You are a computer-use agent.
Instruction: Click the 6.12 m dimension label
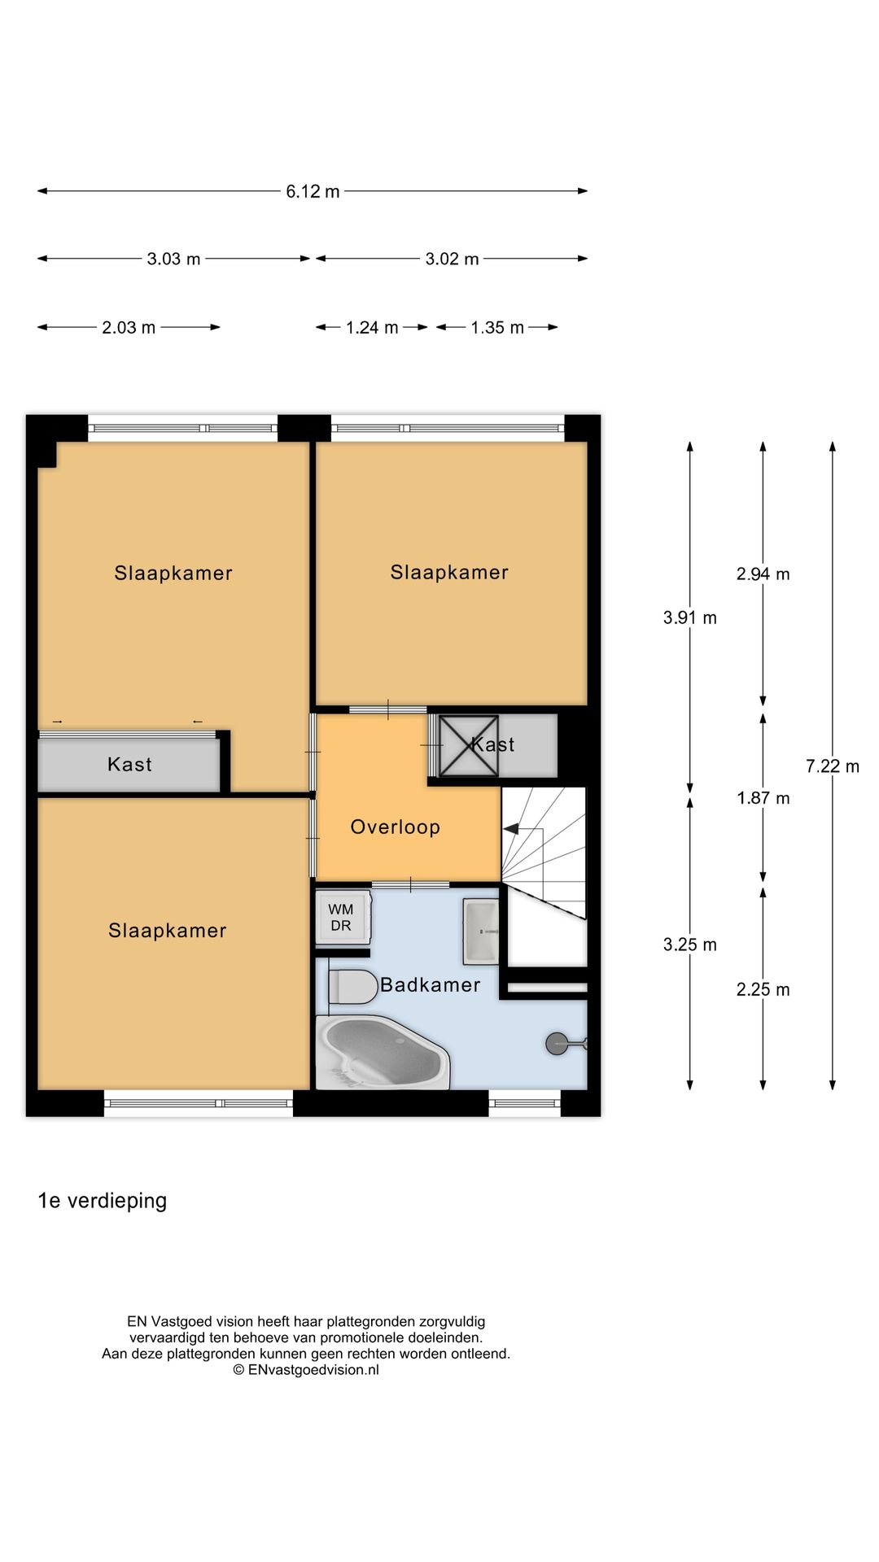pyautogui.click(x=313, y=192)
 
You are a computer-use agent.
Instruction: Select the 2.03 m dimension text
pyautogui.click(x=129, y=328)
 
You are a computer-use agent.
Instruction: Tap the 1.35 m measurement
pyautogui.click(x=496, y=328)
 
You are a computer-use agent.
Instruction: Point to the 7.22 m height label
pyautogui.click(x=832, y=766)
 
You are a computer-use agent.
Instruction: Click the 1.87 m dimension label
pyautogui.click(x=763, y=798)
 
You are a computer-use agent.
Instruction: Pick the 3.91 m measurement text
pyautogui.click(x=689, y=618)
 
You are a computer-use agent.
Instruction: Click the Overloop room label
pyautogui.click(x=395, y=827)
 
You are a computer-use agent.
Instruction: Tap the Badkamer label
pyautogui.click(x=430, y=985)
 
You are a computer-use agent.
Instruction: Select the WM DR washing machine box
pyautogui.click(x=341, y=918)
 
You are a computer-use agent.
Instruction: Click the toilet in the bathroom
pyautogui.click(x=348, y=987)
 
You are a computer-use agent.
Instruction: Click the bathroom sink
pyautogui.click(x=481, y=931)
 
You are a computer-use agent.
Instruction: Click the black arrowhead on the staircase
pyautogui.click(x=511, y=829)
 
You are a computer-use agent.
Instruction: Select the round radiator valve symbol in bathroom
pyautogui.click(x=557, y=1044)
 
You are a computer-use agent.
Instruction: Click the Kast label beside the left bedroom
pyautogui.click(x=129, y=765)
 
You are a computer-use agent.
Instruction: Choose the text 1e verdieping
pyautogui.click(x=103, y=1201)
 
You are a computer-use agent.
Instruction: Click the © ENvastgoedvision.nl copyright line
pyautogui.click(x=306, y=1370)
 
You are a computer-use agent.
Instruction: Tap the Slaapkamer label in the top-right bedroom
pyautogui.click(x=449, y=573)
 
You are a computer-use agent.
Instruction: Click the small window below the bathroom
pyautogui.click(x=525, y=1104)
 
